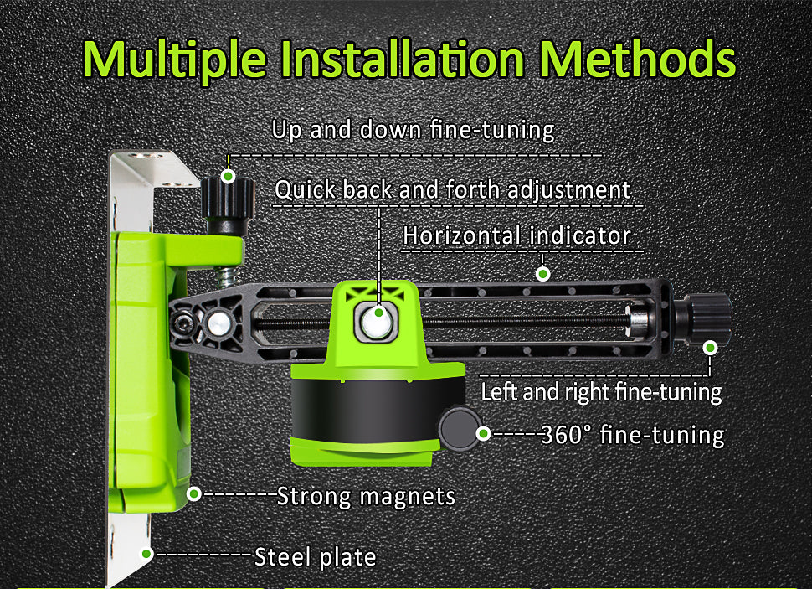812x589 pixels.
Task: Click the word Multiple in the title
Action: coord(175,60)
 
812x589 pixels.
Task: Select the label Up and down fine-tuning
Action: coord(414,130)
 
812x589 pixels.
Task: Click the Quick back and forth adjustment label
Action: coord(453,189)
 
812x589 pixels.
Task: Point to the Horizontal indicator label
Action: coord(516,235)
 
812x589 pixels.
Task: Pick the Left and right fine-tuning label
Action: coord(601,392)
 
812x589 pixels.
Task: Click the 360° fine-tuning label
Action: coord(632,435)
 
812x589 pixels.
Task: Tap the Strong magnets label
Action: coord(366,496)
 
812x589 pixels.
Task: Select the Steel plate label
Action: coord(316,557)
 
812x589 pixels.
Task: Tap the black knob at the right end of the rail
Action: coord(707,318)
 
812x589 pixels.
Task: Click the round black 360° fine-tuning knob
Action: coord(460,428)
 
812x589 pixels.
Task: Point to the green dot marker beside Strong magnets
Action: coord(193,493)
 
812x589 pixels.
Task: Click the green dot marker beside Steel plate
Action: coord(146,555)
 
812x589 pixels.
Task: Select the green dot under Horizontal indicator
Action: coord(542,273)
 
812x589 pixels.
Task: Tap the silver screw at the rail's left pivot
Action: coord(219,323)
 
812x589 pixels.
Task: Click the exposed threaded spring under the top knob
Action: coord(227,276)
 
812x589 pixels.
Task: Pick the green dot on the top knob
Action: coord(228,176)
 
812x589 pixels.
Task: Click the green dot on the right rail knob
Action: coord(711,348)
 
